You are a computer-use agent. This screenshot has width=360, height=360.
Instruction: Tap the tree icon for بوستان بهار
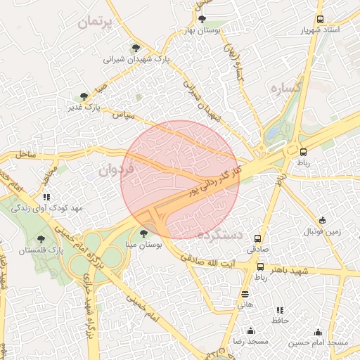point(202,20)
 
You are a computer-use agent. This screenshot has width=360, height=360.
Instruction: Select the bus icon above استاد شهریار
point(321,20)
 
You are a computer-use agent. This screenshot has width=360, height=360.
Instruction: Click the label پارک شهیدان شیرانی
point(137,60)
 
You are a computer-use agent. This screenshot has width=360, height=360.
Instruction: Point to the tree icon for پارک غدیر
point(84,96)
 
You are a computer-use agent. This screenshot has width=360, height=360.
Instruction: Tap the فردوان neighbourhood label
point(115,169)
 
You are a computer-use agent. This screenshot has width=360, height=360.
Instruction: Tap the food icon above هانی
point(245,294)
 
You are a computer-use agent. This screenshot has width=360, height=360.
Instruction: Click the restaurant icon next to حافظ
point(280,309)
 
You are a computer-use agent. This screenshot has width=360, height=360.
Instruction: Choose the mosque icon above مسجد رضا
point(250,331)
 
